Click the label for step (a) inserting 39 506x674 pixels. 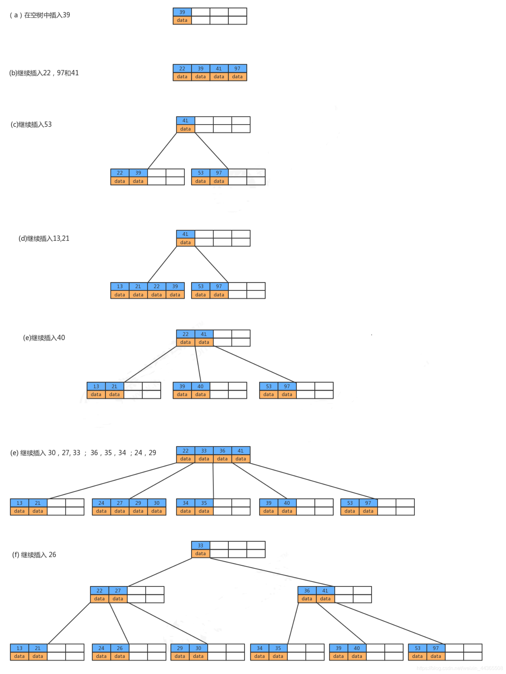tap(40, 15)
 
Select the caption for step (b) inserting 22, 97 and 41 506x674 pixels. tap(44, 73)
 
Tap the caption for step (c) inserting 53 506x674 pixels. tap(31, 124)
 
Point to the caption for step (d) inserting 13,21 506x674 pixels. tap(44, 238)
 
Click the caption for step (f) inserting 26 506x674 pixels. tap(34, 555)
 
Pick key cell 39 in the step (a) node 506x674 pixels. tap(182, 12)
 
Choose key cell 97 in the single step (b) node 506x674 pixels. tap(237, 69)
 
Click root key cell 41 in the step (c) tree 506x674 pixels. tap(186, 121)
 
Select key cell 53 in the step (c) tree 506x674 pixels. tap(200, 173)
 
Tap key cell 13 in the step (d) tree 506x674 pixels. tap(120, 286)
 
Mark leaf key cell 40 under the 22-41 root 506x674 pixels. tap(200, 386)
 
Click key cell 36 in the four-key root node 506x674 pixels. tap(222, 450)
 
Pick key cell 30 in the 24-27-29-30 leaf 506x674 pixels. tap(157, 503)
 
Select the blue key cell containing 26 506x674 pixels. tap(120, 648)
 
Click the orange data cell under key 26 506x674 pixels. tap(120, 656)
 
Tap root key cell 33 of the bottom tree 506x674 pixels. tap(200, 545)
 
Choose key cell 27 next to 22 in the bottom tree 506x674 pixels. tap(118, 591)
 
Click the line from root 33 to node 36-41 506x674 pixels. tap(272, 572)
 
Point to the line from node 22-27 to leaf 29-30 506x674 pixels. tap(167, 623)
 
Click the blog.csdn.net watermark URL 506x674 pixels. tap(460, 668)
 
